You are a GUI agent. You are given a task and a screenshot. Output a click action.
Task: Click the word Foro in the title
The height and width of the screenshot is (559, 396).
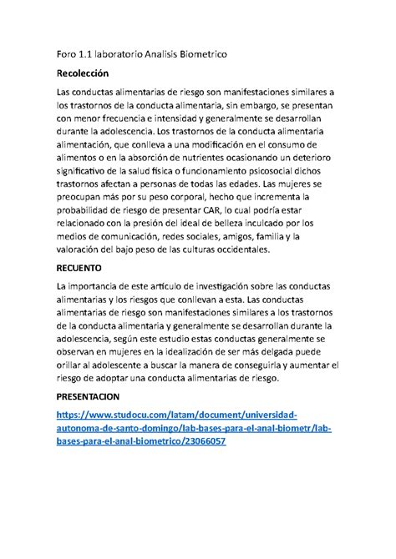coord(69,54)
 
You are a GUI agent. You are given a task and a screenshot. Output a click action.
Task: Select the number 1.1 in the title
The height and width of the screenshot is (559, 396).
coord(95,54)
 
